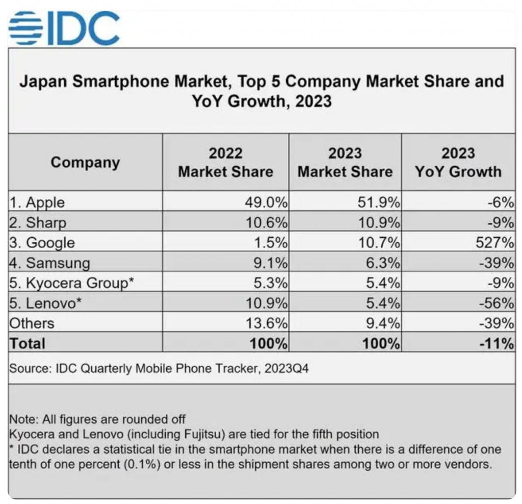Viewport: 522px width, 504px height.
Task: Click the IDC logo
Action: (x=64, y=29)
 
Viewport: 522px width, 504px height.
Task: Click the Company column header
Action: (x=85, y=162)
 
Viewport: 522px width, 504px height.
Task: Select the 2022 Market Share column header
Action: (x=225, y=162)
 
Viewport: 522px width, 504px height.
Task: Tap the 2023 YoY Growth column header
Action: (x=458, y=162)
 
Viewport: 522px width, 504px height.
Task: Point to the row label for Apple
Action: (x=37, y=202)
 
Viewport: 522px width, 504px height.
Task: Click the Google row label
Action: (x=42, y=242)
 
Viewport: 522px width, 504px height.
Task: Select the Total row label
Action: (x=27, y=343)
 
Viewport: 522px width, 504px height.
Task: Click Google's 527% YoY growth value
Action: (x=494, y=242)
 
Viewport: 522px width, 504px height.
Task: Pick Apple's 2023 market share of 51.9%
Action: (x=379, y=202)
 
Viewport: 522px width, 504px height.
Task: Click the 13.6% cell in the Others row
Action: (x=267, y=323)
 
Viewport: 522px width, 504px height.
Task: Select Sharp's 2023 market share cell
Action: (x=379, y=222)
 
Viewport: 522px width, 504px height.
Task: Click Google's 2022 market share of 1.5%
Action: (x=271, y=242)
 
